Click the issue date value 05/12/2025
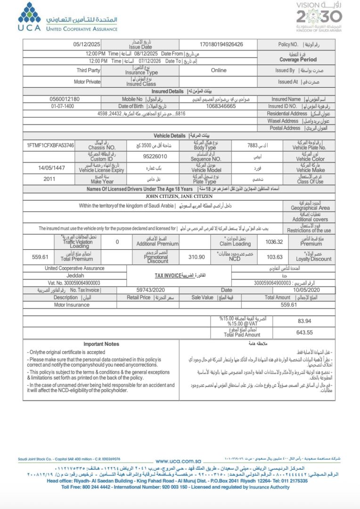click(x=87, y=44)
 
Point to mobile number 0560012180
click(x=65, y=99)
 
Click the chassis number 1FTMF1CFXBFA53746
click(x=50, y=145)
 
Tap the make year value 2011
click(x=49, y=179)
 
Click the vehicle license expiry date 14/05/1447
click(x=51, y=167)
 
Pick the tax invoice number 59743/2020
click(x=150, y=290)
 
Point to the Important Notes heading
click(x=101, y=344)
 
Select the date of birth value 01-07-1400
click(x=63, y=106)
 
